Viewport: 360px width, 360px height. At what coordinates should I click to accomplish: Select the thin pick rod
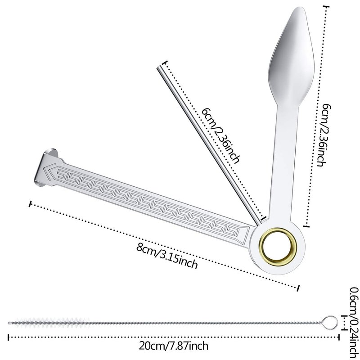point(209,145)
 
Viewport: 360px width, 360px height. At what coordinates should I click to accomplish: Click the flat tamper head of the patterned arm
point(45,166)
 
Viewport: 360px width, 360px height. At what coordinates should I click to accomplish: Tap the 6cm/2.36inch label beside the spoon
point(324,135)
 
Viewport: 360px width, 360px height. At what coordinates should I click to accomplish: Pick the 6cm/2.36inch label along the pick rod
point(221,136)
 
